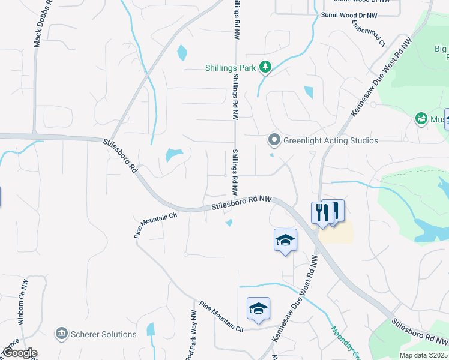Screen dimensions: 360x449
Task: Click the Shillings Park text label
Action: coord(231,68)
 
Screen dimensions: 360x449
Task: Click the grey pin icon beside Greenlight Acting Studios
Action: coord(274,140)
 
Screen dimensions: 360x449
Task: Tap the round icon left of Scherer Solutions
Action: coord(61,334)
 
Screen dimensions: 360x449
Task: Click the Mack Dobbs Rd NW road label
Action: coord(40,25)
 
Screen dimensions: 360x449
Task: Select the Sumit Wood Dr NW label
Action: coord(349,15)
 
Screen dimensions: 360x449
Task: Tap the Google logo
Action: coord(20,353)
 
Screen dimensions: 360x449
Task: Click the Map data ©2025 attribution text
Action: coord(423,355)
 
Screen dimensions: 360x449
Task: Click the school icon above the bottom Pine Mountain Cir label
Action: coord(258,308)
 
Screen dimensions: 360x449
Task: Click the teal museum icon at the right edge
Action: coord(421,119)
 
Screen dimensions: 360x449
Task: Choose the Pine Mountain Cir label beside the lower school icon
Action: coord(222,316)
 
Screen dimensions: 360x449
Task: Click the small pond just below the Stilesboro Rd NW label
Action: coord(229,224)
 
